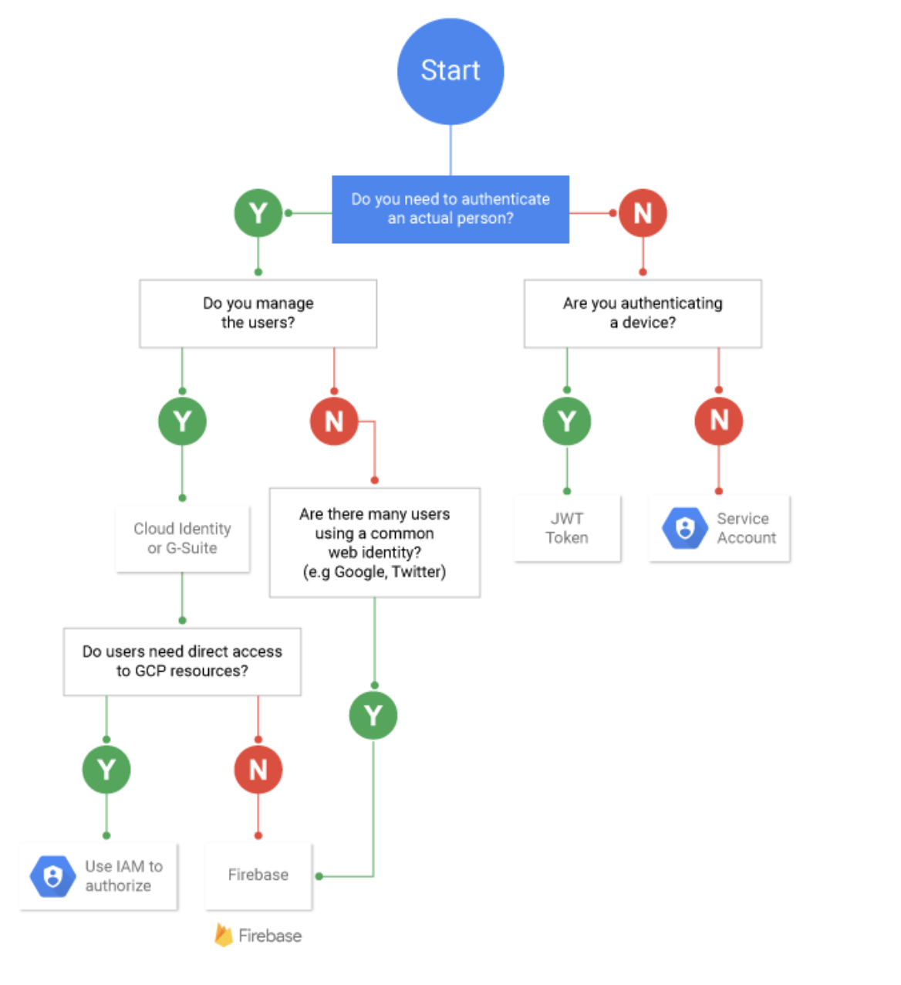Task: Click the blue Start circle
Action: point(450,71)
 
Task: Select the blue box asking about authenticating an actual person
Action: point(450,209)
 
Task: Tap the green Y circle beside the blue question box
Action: point(258,213)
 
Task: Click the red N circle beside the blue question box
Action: point(643,213)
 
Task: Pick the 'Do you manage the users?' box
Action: point(258,313)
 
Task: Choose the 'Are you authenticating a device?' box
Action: point(643,313)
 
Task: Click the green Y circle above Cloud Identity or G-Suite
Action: point(182,421)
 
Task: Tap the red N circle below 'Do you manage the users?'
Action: point(334,421)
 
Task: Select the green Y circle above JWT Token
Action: point(567,421)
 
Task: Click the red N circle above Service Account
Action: point(719,421)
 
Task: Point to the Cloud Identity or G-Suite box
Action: point(182,539)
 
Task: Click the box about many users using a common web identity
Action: point(375,543)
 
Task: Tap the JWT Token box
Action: point(567,529)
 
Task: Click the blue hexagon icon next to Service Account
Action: point(684,528)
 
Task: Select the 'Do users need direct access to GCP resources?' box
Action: point(182,662)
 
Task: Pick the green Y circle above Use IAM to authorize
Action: point(106,770)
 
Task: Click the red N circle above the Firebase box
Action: point(258,770)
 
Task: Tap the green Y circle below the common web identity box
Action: point(373,716)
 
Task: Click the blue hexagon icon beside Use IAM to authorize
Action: point(52,876)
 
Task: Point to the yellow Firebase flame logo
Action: point(224,935)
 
